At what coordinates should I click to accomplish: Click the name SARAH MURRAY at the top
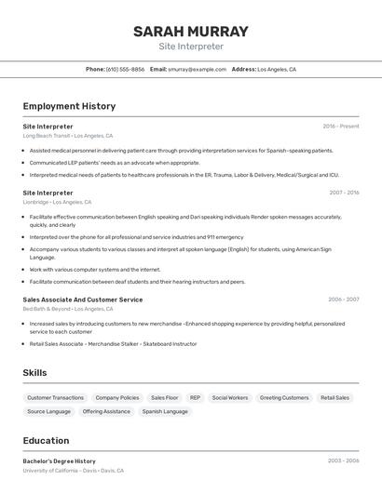(x=191, y=32)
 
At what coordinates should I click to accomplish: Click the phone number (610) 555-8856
(x=125, y=69)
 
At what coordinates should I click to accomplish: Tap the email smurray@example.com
(x=198, y=69)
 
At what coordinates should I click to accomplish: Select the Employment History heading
(x=69, y=106)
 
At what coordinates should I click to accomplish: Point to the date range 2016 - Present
(x=341, y=127)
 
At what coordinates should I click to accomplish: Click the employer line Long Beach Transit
(x=68, y=136)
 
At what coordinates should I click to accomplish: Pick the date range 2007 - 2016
(x=344, y=193)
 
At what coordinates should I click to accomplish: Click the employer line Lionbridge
(x=57, y=202)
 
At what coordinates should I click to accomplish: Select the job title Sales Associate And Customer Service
(x=83, y=300)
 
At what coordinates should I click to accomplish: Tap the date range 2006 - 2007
(x=343, y=300)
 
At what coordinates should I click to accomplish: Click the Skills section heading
(x=35, y=373)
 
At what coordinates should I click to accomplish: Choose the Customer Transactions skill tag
(x=56, y=397)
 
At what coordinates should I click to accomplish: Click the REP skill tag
(x=195, y=397)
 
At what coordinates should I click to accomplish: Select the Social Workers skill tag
(x=230, y=397)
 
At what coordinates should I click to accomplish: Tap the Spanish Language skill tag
(x=165, y=411)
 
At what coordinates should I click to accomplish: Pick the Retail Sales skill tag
(x=334, y=397)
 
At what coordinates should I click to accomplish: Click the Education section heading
(x=46, y=441)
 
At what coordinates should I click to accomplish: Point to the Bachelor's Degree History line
(x=60, y=461)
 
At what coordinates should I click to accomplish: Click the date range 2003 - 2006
(x=343, y=461)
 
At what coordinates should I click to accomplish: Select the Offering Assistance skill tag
(x=106, y=411)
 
